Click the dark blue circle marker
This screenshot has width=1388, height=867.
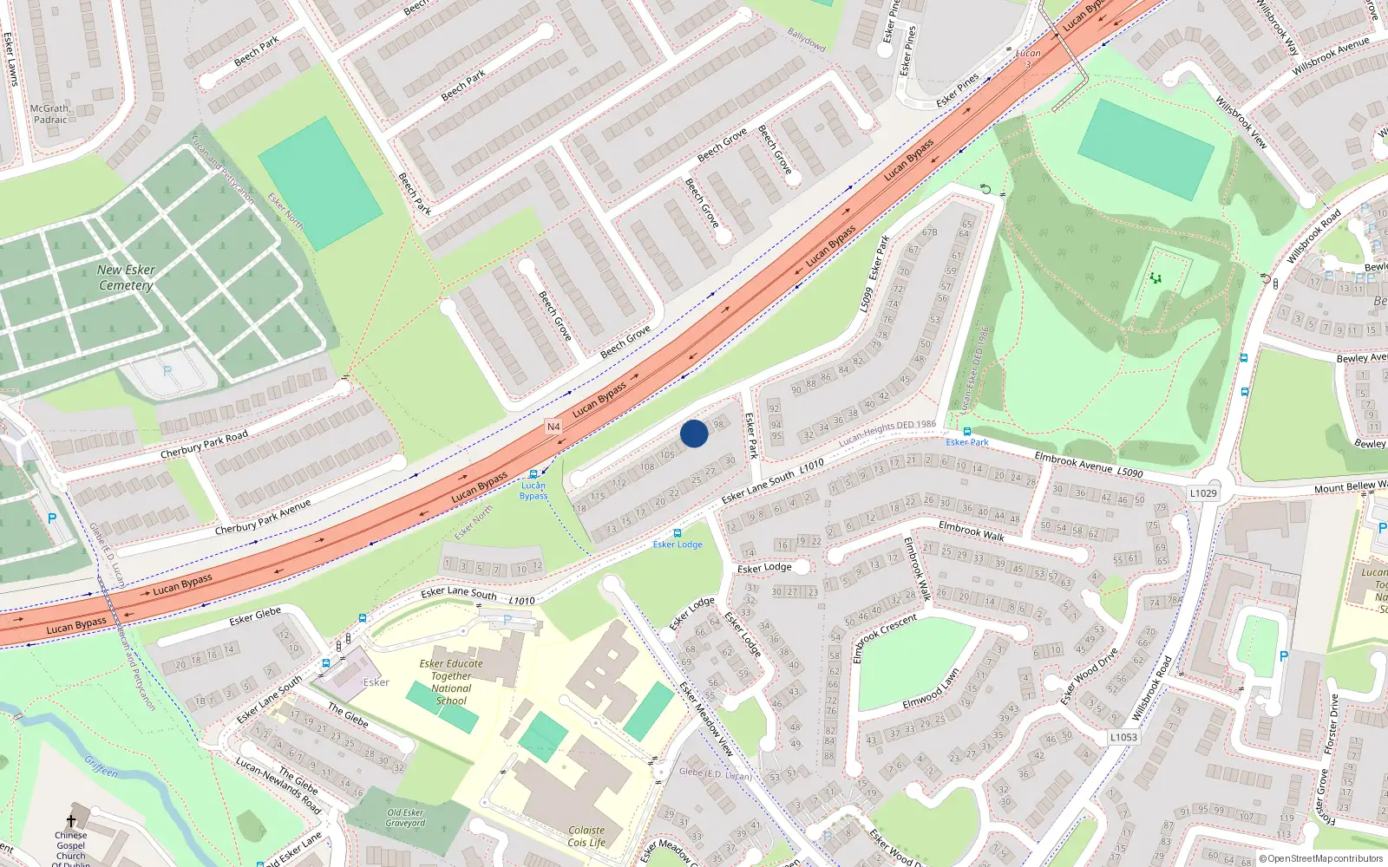(x=694, y=433)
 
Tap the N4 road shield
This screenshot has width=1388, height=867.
(x=553, y=427)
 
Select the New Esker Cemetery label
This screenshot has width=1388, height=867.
(x=126, y=277)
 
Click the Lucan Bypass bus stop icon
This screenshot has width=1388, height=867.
(x=534, y=474)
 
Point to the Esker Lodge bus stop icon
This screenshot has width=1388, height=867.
(x=678, y=533)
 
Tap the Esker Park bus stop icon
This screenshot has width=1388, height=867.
(x=967, y=431)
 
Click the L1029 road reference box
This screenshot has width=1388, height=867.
(x=1203, y=492)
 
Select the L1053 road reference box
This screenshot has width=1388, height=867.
(x=1123, y=737)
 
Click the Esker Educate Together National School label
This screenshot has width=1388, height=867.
(x=451, y=682)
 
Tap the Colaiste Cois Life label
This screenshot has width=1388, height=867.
(x=586, y=836)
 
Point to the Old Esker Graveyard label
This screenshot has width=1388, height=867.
(x=405, y=818)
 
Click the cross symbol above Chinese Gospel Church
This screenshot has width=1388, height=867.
(x=71, y=820)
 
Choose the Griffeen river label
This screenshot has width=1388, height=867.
(x=101, y=766)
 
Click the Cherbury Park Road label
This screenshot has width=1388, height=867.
(x=204, y=444)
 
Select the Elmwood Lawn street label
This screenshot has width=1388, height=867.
(x=931, y=688)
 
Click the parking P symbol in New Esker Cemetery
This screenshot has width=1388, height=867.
(x=167, y=371)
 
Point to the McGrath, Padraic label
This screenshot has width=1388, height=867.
(x=50, y=114)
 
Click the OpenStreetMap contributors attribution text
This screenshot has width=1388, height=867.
(x=1321, y=858)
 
